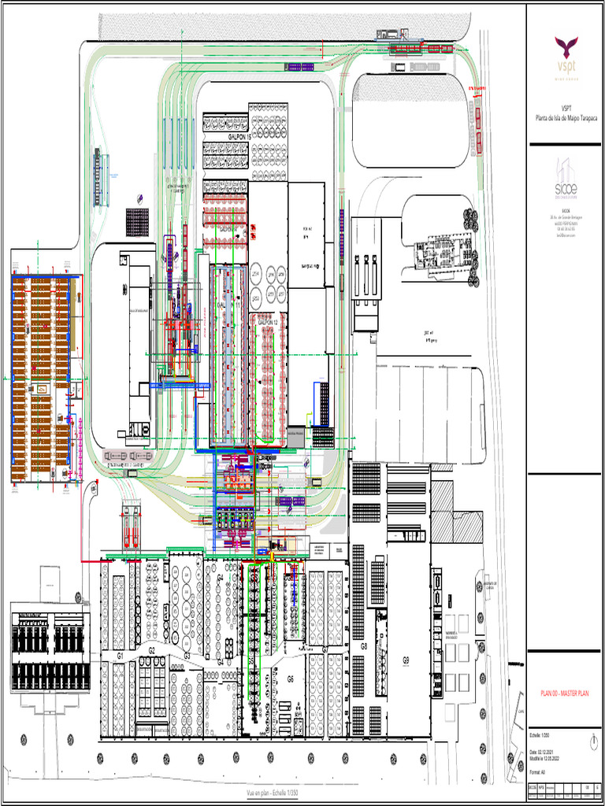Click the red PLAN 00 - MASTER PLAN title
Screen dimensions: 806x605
coord(565,693)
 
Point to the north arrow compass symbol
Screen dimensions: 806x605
coord(593,742)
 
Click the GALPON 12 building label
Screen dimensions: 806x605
coord(268,322)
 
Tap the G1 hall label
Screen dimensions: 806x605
coord(121,655)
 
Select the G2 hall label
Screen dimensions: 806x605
coord(151,650)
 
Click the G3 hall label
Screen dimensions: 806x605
coord(187,655)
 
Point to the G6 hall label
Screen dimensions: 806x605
coord(290,678)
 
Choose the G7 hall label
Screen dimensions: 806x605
coord(325,649)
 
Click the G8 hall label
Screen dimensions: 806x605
coord(364,646)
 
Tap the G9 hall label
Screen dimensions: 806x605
coord(406,660)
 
